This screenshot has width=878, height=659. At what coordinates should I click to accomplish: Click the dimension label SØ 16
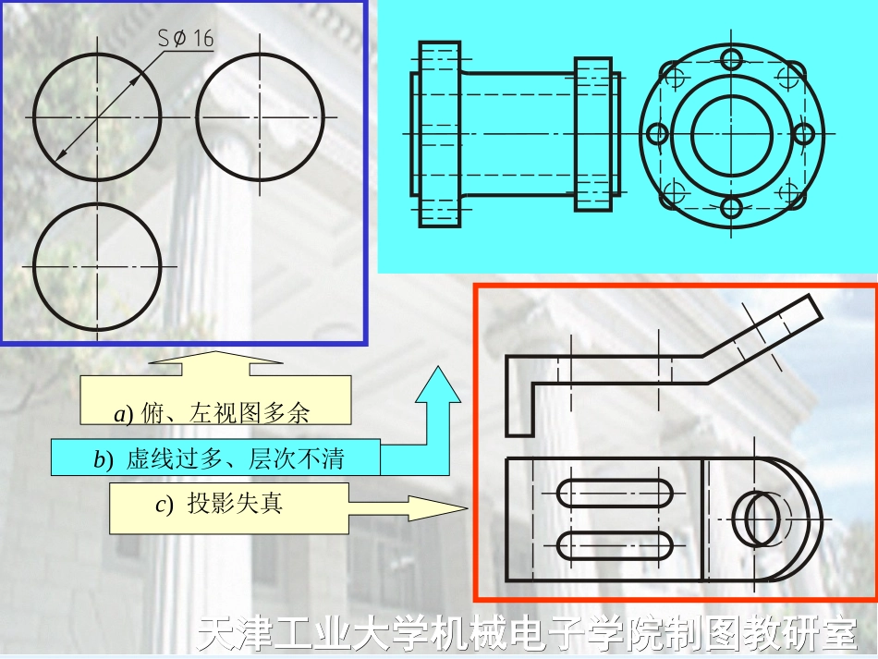tap(185, 40)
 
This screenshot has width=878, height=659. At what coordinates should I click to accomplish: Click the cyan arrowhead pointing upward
tap(437, 387)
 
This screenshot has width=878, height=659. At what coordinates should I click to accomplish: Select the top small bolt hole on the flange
tap(731, 60)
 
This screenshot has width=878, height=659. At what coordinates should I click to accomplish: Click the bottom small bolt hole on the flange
tap(731, 206)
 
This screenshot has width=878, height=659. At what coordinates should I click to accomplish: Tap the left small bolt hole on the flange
tap(657, 133)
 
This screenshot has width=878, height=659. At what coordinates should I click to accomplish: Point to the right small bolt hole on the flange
tap(804, 133)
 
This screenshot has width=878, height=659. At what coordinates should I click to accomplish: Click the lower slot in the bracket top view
tap(614, 546)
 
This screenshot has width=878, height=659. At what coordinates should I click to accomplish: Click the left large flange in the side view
tap(439, 133)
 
